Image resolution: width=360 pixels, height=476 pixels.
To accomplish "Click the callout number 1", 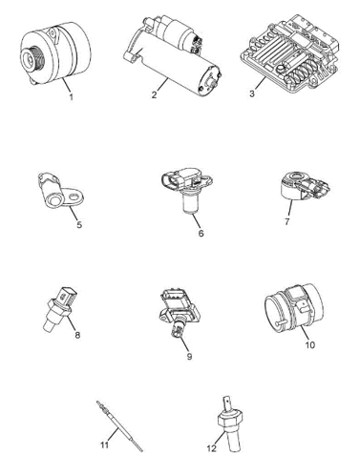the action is point(71,96).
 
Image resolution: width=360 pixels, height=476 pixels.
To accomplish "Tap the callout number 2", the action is point(155,94).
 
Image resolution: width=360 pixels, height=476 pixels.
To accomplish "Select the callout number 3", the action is point(252,94).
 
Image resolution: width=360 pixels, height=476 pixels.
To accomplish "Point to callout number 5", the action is point(79,224).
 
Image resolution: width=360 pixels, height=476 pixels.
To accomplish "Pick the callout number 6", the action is point(201,233).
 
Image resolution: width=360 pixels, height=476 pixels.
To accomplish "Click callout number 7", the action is point(287,221).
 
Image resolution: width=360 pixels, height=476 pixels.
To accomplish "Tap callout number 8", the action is point(77,335).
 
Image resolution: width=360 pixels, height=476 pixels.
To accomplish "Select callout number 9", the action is point(189,357).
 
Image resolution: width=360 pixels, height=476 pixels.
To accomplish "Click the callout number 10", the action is point(309,344).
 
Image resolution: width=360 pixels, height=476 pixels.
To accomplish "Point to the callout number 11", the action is point(105,445).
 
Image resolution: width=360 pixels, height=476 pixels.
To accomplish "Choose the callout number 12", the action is point(211,448).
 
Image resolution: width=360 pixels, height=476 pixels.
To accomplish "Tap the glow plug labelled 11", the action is point(119,426).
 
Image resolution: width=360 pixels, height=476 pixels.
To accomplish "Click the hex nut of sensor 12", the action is point(230,419).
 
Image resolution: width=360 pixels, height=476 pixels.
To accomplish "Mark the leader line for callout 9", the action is point(183,341).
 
